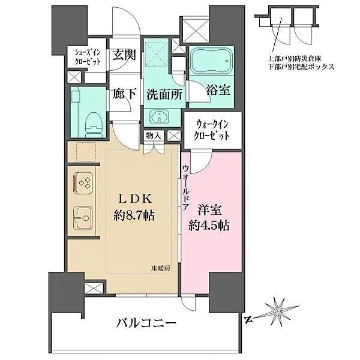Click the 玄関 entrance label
point(124,55)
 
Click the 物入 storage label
point(153,136)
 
